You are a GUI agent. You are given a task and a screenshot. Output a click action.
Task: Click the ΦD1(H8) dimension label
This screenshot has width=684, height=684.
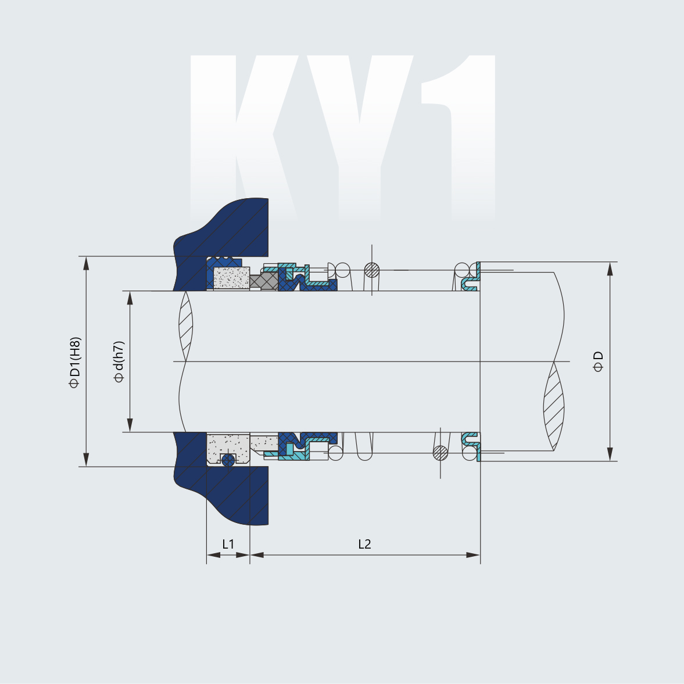click(74, 361)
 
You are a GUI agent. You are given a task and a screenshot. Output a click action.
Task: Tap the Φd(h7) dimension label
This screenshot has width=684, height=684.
click(119, 361)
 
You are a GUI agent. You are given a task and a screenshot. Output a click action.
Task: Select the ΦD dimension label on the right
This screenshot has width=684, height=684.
click(599, 361)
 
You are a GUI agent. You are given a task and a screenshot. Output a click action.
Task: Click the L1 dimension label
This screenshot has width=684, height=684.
click(228, 544)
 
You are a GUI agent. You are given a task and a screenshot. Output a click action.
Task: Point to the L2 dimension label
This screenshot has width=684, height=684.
click(364, 544)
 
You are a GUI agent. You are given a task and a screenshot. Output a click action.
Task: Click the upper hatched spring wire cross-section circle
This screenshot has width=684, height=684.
click(372, 270)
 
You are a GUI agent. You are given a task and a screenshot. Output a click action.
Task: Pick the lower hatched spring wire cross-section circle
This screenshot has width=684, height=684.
click(441, 453)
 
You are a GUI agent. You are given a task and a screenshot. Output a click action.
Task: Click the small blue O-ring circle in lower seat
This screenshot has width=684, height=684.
click(228, 460)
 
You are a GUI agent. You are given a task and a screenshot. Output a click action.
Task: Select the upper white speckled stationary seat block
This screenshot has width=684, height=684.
click(231, 278)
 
